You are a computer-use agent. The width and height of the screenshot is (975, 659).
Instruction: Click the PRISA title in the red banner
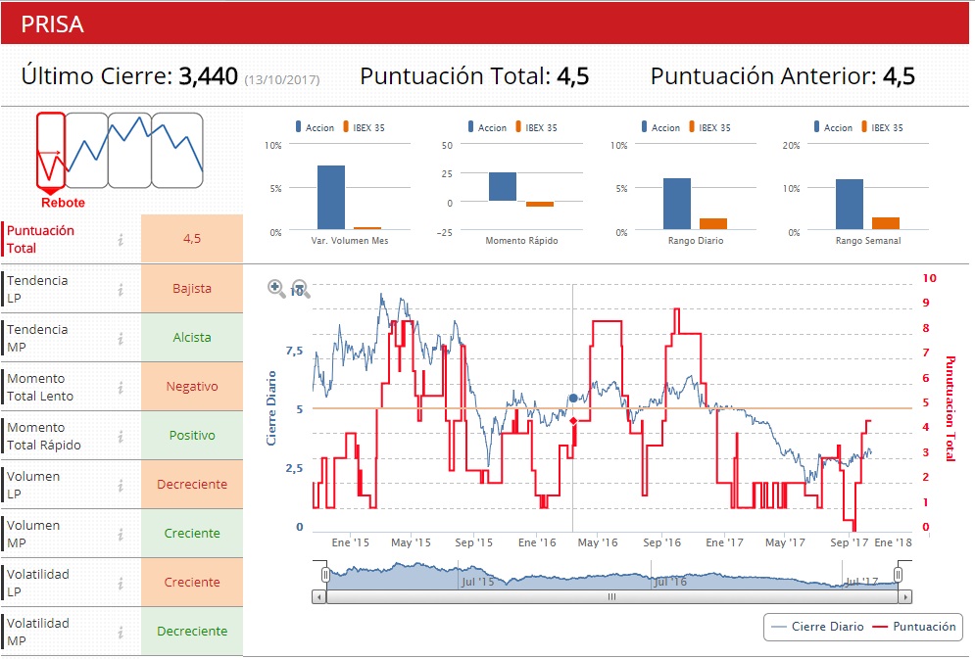tap(53, 24)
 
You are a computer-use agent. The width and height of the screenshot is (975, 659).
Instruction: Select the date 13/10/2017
tap(282, 79)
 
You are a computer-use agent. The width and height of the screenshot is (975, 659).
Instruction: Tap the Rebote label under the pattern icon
tap(63, 203)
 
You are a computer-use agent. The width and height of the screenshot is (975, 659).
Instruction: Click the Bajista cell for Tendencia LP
tap(192, 289)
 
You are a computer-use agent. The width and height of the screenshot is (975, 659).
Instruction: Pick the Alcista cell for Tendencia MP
tap(192, 338)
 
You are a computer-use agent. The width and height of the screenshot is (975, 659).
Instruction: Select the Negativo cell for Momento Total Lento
tap(192, 387)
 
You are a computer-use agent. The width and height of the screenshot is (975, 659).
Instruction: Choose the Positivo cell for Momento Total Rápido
tap(192, 436)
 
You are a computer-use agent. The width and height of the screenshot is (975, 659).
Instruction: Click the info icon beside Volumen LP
tap(121, 485)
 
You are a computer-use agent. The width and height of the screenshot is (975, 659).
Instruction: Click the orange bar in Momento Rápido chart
tap(540, 204)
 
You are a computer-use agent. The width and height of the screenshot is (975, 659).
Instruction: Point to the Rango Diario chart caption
tap(696, 241)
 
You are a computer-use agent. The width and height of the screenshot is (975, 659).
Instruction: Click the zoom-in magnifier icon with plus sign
tap(276, 288)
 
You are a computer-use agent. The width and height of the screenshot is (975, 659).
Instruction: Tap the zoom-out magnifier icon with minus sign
tap(301, 288)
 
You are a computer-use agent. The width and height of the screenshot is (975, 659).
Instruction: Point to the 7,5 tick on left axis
tap(294, 351)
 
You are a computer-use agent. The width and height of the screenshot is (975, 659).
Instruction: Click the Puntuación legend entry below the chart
tap(914, 627)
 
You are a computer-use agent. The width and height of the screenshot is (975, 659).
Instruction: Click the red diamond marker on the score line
tap(573, 421)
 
